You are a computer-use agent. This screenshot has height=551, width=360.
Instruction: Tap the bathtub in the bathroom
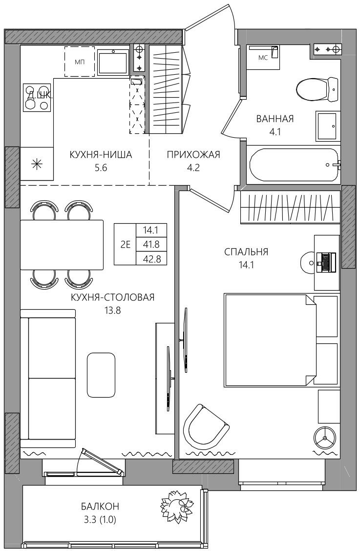coord(294,165)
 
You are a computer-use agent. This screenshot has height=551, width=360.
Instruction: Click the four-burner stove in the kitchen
coord(37,97)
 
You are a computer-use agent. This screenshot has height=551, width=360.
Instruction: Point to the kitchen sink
coord(113,62)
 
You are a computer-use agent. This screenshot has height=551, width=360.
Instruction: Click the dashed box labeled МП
coord(80,62)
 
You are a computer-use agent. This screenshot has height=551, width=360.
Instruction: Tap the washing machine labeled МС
coord(263,57)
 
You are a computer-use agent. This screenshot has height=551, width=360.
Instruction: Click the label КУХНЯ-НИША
coord(101,155)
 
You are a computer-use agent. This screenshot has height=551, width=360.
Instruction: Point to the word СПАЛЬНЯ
coord(246,252)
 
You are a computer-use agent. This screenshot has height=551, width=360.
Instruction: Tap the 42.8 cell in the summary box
coord(151,259)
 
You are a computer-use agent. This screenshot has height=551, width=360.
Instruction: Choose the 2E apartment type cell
coord(125,244)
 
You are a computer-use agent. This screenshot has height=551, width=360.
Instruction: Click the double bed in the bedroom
coord(270,340)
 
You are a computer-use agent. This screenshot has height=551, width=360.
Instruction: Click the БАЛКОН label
coord(100,507)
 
